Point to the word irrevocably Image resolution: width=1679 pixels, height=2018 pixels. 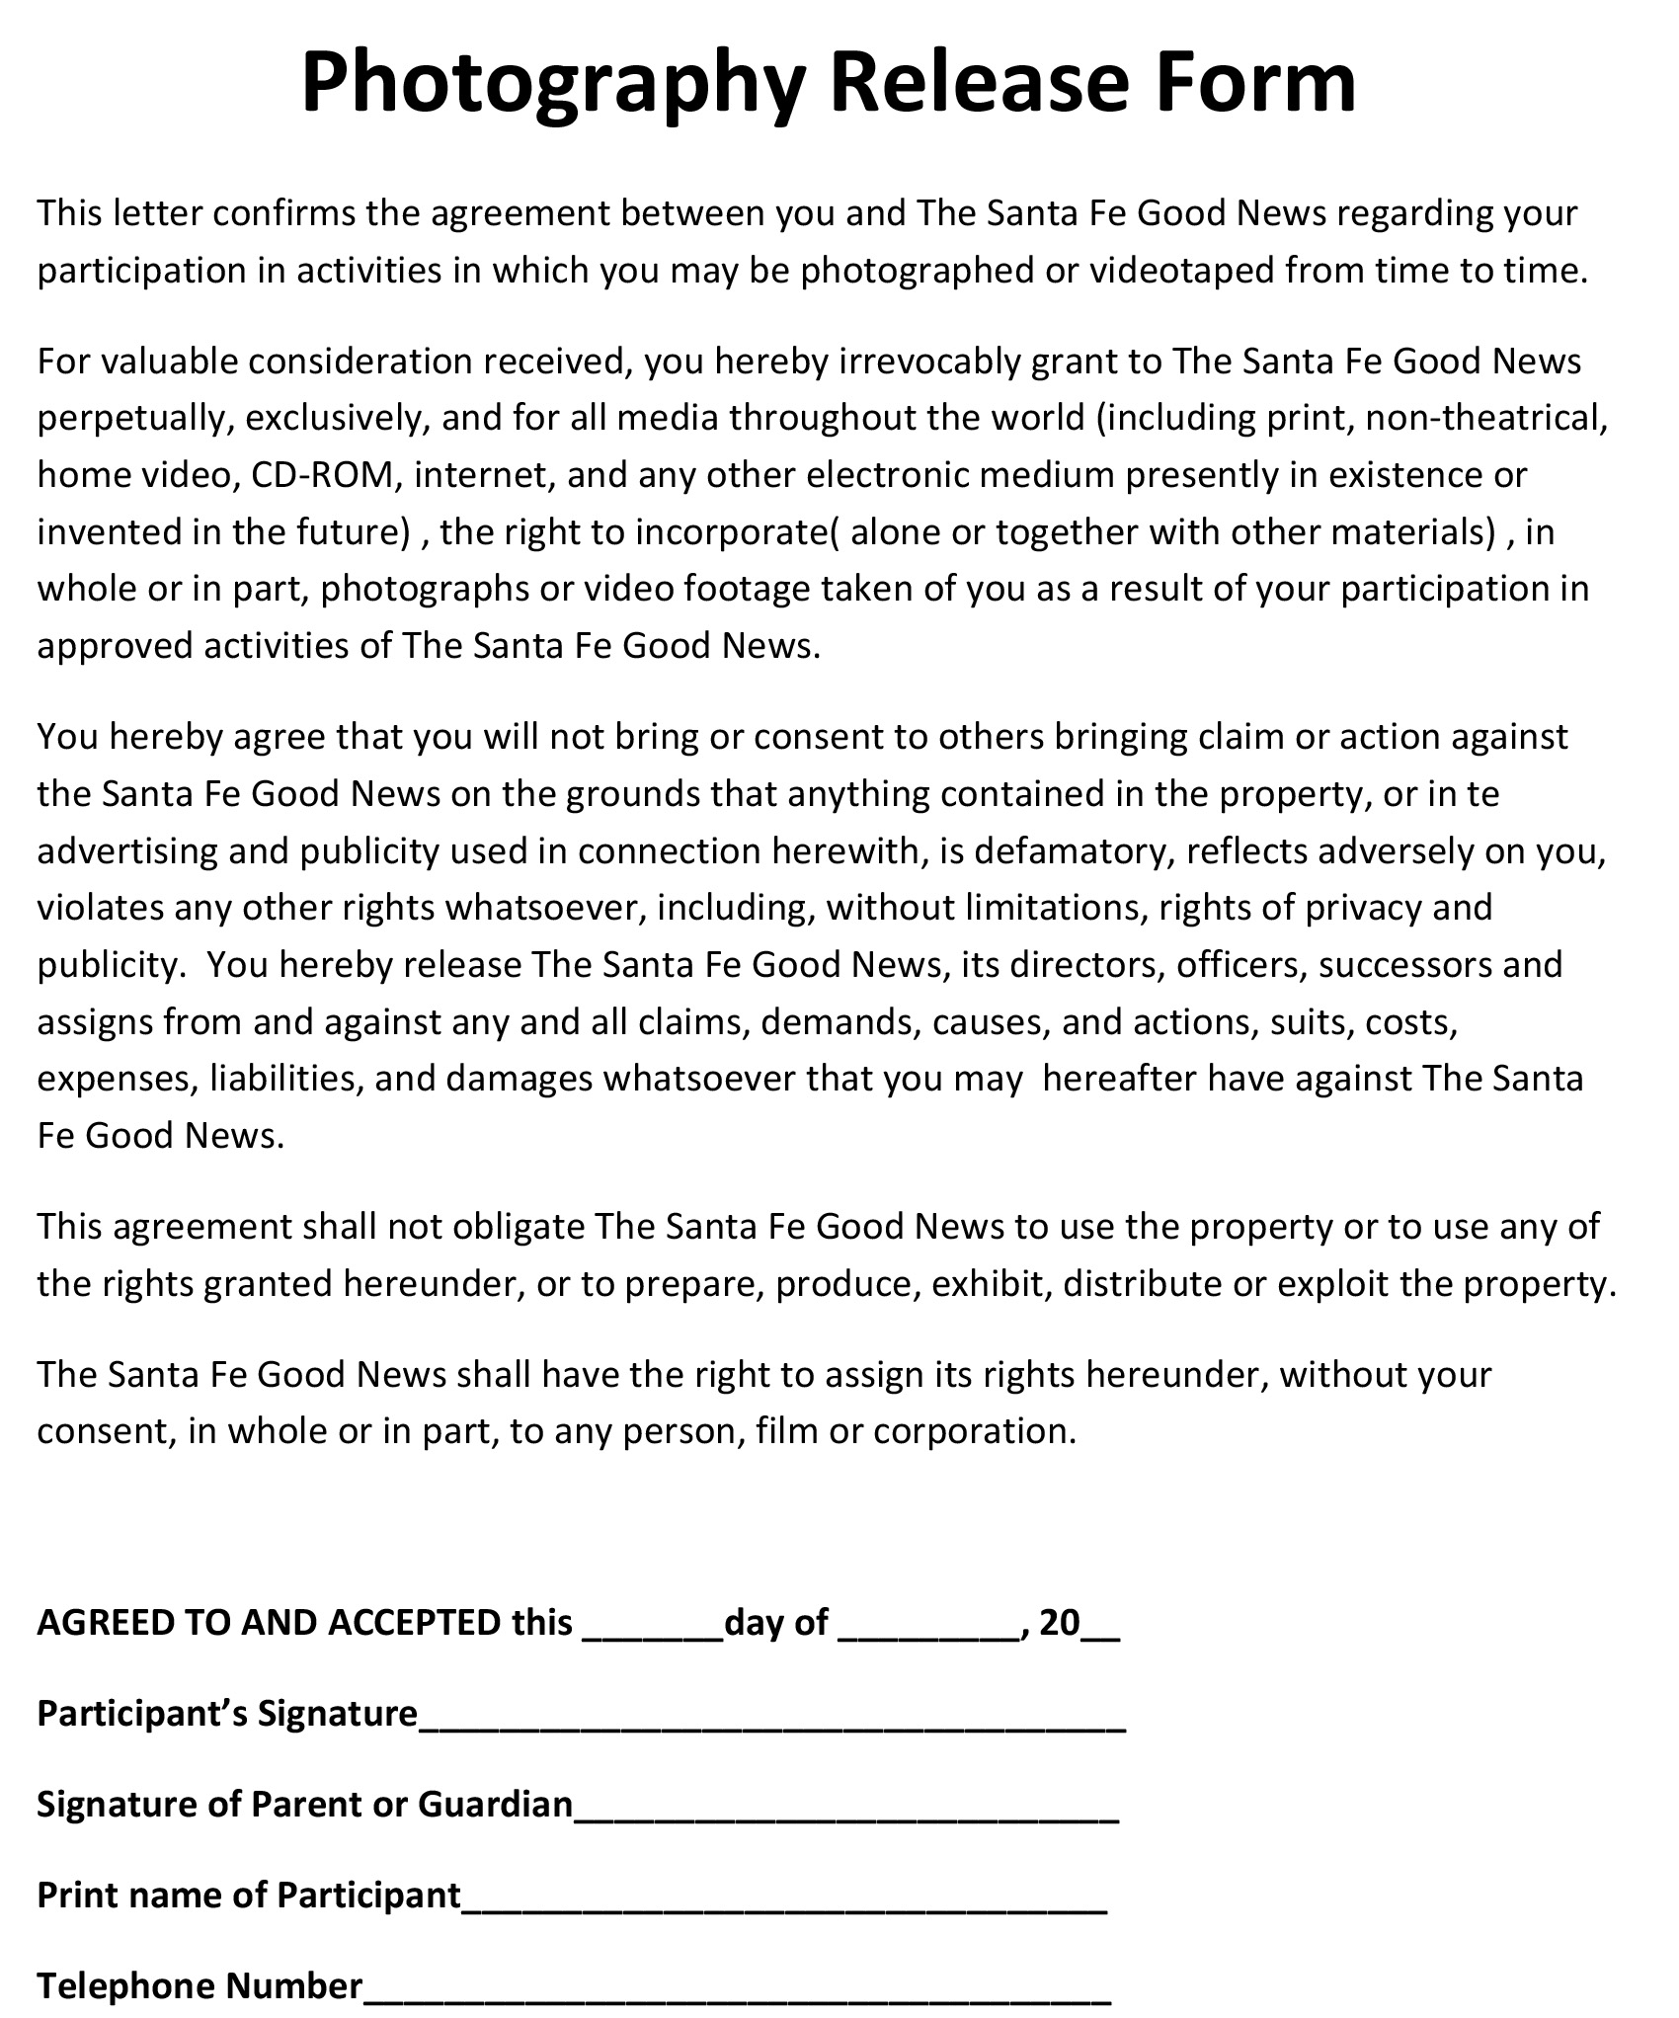click(928, 363)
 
